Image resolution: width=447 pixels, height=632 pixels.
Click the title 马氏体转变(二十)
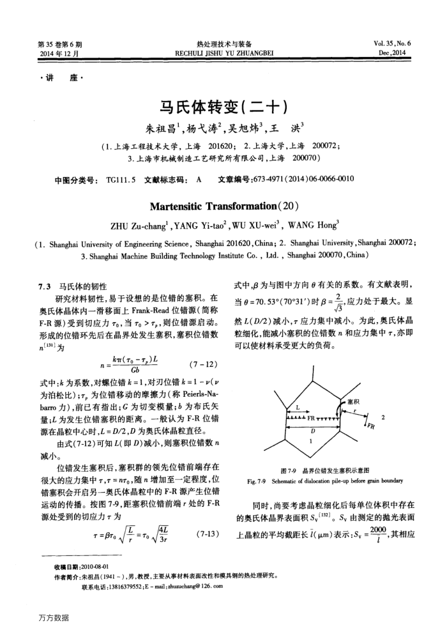[223, 107]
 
